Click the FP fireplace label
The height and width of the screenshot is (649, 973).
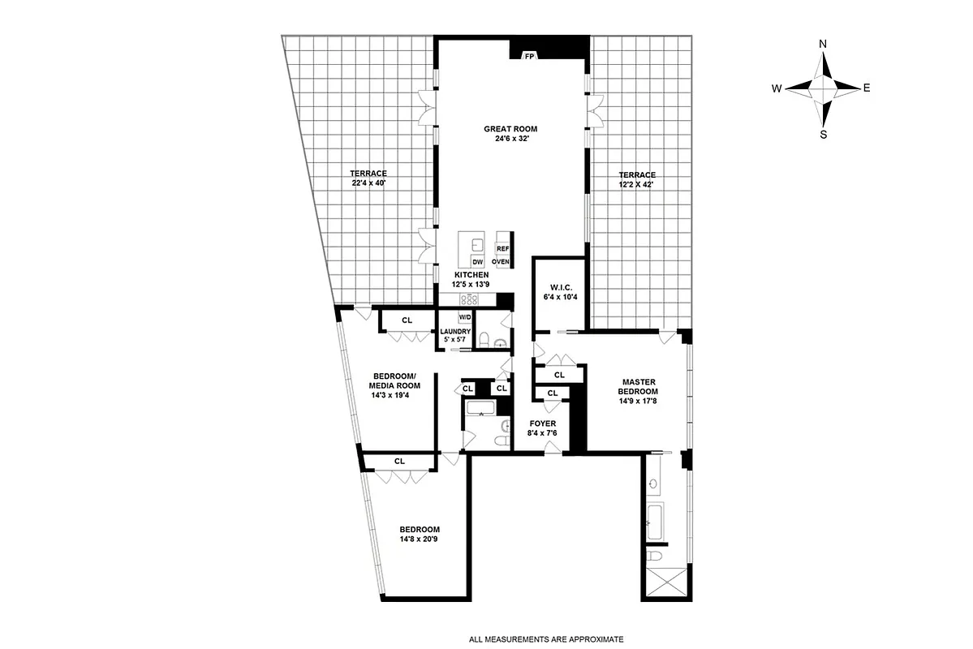coord(529,56)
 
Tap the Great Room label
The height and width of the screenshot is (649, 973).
coord(510,129)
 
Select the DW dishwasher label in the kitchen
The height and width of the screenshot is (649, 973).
coord(478,262)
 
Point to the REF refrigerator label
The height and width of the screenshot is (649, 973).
coord(502,249)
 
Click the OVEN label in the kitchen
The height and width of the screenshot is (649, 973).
coord(500,262)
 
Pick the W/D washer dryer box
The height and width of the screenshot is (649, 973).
coord(466,317)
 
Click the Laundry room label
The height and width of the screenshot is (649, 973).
coord(455,332)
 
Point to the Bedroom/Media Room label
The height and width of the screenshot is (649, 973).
coord(394,380)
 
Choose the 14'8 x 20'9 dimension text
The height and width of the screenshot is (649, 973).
coord(420,539)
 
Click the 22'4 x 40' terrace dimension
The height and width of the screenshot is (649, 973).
coord(368,184)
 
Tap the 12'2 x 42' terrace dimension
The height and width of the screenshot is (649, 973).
coord(636,185)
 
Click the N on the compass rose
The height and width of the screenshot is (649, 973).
coord(823,44)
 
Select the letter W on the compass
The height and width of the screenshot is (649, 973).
coord(777,88)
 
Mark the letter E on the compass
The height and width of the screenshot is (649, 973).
coord(867,88)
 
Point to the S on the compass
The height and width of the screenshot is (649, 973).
coord(823,135)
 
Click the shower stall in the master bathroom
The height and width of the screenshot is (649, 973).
coord(664,583)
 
